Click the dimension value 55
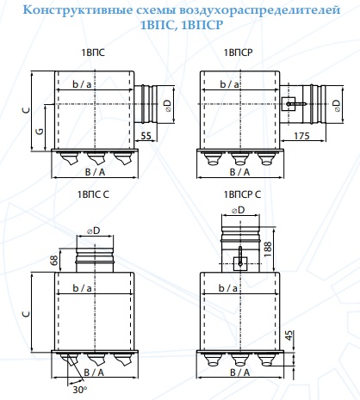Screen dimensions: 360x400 (146, 136)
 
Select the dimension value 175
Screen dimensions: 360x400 (301, 136)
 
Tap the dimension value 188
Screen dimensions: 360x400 (267, 249)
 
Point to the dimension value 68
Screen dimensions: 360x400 (53, 260)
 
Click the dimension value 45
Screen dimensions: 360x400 (289, 335)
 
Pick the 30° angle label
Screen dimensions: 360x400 (80, 390)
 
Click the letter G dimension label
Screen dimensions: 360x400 (40, 131)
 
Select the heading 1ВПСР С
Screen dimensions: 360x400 (242, 194)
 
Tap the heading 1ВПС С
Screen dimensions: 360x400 (93, 194)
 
